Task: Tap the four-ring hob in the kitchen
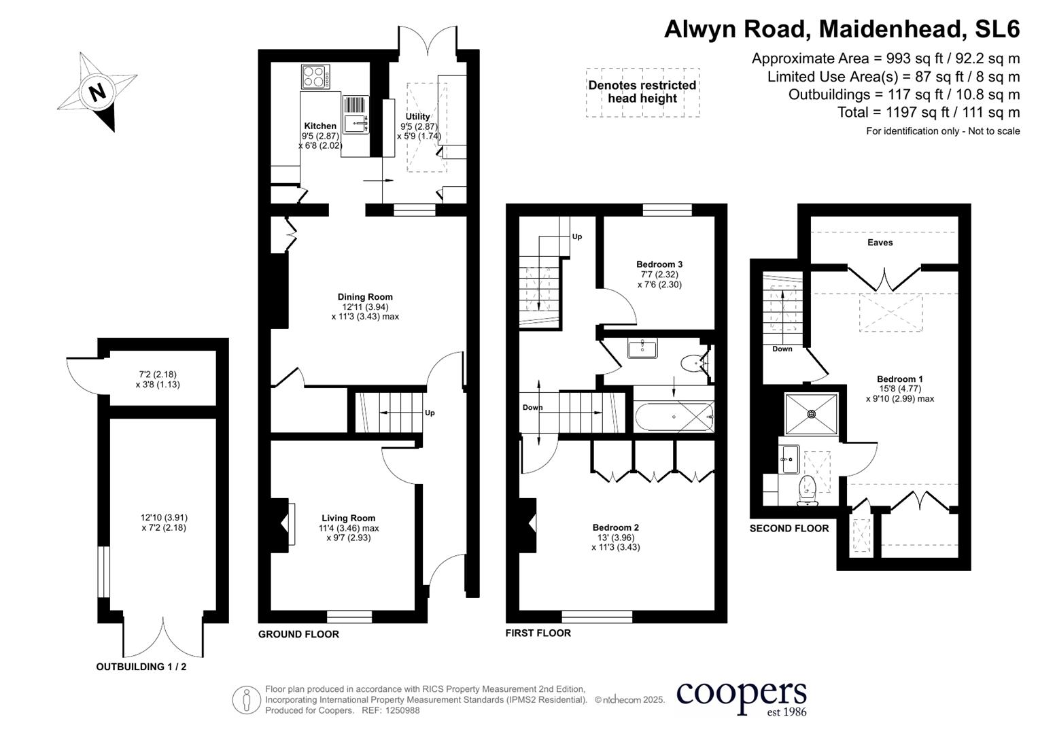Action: (315, 76)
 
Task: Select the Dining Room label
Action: (365, 297)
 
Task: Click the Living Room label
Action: (348, 518)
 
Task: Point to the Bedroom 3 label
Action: (659, 264)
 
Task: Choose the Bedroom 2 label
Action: (615, 527)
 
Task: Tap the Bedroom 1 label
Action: (899, 379)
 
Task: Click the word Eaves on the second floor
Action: (880, 243)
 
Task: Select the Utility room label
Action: (417, 117)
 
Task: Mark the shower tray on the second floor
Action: (811, 413)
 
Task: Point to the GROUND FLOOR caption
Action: (298, 634)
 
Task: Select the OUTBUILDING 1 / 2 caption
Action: (141, 667)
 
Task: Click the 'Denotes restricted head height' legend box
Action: (642, 92)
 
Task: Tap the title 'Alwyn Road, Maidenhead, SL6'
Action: (842, 29)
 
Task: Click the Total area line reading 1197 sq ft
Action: (929, 112)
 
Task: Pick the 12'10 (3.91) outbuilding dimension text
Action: (163, 517)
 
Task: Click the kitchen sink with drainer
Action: (355, 114)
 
